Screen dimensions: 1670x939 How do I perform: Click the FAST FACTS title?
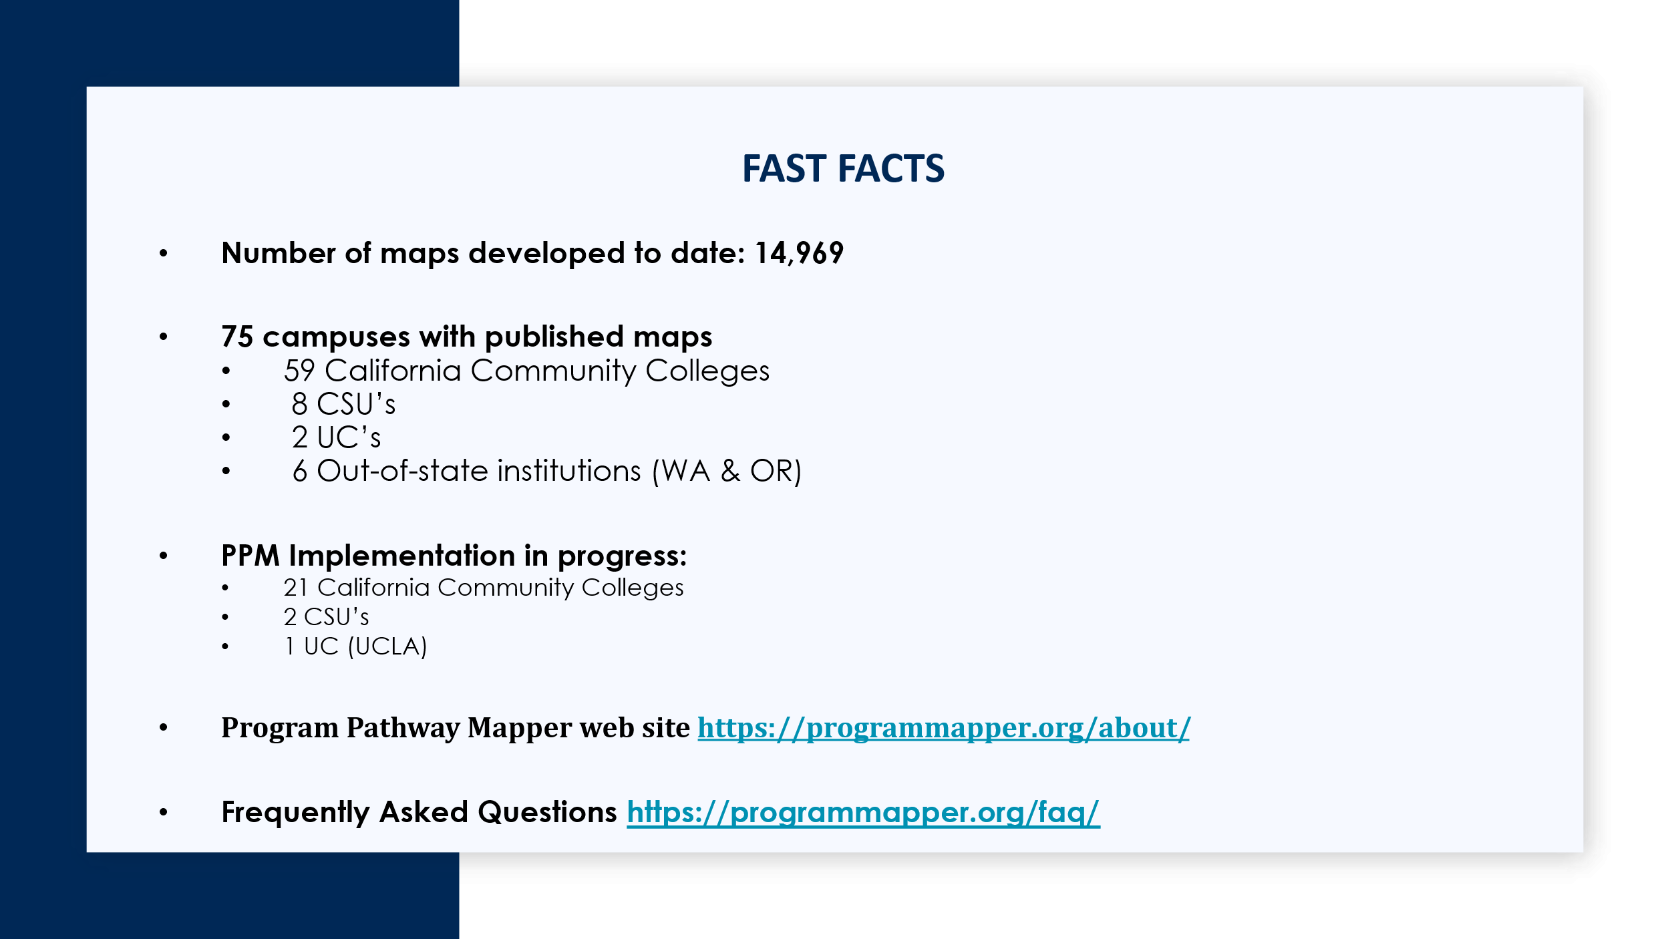(843, 168)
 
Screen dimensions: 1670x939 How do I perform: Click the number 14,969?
(799, 253)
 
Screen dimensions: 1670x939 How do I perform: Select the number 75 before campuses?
(237, 337)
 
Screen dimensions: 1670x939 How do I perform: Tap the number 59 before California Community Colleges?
(299, 371)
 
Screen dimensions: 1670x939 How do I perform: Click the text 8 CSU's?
(343, 404)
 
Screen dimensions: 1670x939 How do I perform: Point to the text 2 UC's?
(336, 437)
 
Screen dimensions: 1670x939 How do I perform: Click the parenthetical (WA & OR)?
(726, 472)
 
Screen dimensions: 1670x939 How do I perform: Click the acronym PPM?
(251, 556)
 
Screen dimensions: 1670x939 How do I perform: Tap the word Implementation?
(402, 556)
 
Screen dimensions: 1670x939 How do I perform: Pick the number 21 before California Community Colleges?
(296, 588)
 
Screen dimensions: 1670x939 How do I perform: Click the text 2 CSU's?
(326, 617)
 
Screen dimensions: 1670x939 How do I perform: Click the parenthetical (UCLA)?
(387, 646)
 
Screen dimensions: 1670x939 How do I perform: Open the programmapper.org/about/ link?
(944, 728)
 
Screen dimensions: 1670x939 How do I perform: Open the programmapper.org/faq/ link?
(863, 813)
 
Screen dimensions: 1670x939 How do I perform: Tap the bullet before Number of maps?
(164, 253)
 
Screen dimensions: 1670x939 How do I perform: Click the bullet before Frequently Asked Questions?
(164, 812)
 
